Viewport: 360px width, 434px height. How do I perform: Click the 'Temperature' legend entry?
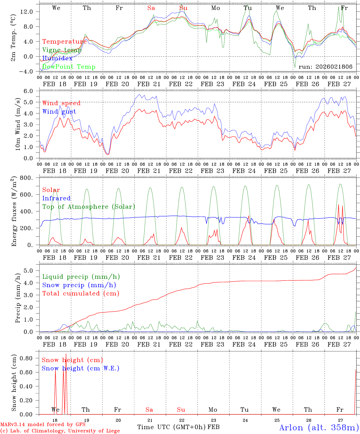[65, 42]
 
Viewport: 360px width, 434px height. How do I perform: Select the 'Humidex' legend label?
[57, 58]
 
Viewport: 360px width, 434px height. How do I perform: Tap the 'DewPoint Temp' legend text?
[69, 67]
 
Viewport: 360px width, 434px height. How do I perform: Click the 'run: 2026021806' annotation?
[325, 67]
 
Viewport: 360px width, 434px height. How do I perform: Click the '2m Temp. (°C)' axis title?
[14, 41]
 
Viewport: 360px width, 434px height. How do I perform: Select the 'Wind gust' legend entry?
[59, 112]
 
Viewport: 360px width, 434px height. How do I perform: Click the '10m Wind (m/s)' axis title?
[18, 124]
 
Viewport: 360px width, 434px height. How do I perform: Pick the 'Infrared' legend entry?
[56, 198]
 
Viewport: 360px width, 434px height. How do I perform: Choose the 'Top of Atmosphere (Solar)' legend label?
[89, 207]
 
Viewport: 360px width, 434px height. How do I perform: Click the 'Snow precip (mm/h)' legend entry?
[79, 285]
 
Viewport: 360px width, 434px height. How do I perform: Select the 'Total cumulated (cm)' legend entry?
[81, 294]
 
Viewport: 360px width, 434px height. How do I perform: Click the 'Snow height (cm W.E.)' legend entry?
[81, 368]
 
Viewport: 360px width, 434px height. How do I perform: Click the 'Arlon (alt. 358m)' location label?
[319, 427]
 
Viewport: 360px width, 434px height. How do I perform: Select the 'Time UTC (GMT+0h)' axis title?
[172, 427]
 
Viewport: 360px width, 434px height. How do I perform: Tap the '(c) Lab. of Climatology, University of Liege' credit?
[60, 431]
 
